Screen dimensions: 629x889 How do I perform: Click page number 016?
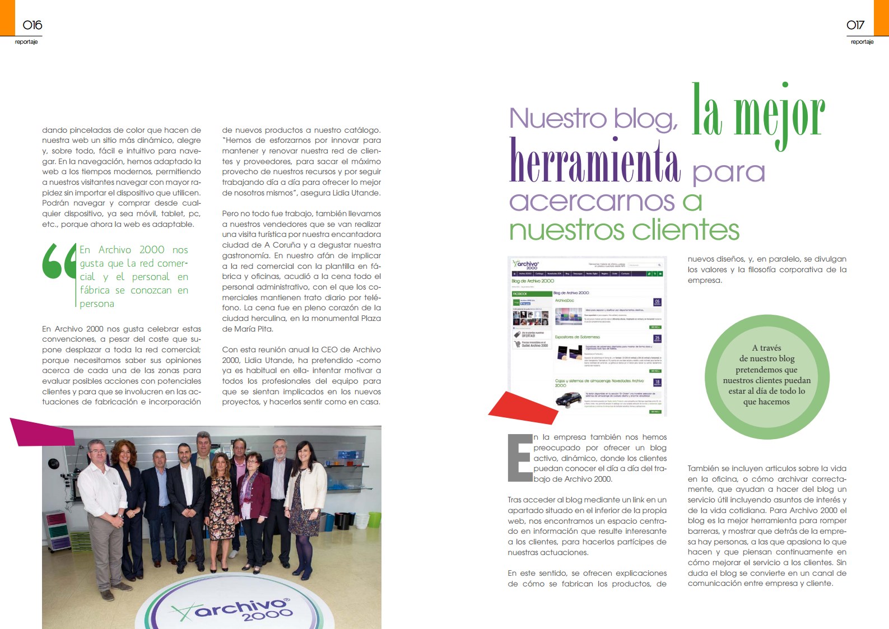click(32, 25)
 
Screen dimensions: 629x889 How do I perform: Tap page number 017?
click(855, 25)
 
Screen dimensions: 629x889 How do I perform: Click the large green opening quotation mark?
click(59, 261)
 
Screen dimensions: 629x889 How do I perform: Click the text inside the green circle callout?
click(766, 375)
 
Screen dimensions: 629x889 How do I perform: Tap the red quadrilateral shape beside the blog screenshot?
click(523, 407)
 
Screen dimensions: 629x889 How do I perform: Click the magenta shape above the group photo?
click(42, 431)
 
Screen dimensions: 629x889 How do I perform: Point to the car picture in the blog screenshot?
click(569, 399)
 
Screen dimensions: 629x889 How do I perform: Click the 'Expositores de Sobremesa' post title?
click(577, 337)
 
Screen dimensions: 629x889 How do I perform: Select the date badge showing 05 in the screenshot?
click(657, 302)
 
